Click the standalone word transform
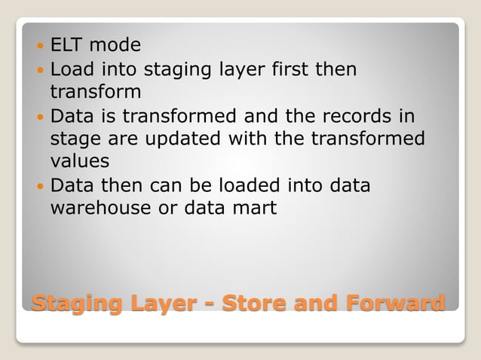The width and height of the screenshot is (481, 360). point(95,92)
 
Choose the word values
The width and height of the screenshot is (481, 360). point(79,161)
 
